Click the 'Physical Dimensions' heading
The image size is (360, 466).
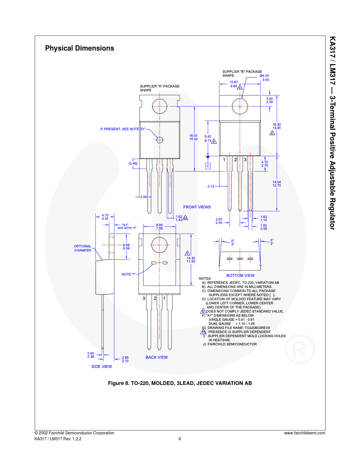coord(80,48)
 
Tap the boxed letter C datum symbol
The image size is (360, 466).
coord(208,166)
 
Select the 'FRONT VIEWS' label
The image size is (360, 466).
coord(197,207)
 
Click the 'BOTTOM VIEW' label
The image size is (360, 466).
coord(240,275)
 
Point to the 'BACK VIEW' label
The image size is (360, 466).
coord(156,357)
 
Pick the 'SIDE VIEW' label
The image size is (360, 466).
coord(102,366)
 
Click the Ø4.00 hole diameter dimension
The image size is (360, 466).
coord(264,76)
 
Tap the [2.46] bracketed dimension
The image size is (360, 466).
coord(133,164)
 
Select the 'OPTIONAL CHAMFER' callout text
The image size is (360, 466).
coord(82,248)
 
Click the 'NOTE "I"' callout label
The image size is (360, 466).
coord(128,274)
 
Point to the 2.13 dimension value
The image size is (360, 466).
coord(211,186)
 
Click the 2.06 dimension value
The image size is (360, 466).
coord(143,197)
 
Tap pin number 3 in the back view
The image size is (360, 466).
coord(144,298)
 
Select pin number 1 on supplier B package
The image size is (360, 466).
coord(224,160)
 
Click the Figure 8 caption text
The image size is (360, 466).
coord(180,383)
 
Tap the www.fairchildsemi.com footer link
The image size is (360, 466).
coord(304,433)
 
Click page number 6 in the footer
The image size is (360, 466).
coord(180,439)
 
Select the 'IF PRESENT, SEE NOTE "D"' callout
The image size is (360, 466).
coord(122,129)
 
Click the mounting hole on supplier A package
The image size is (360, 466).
coord(160,106)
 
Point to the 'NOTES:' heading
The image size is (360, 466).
coord(205,278)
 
